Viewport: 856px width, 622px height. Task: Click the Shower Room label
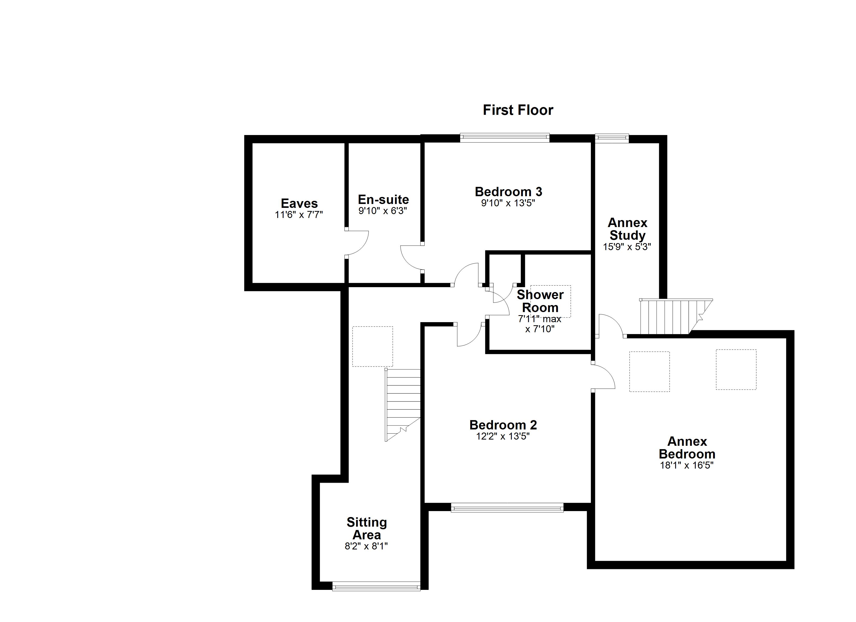coord(540,301)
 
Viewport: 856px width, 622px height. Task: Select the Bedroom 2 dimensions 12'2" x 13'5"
coord(503,436)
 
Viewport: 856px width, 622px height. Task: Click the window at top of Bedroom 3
coord(504,138)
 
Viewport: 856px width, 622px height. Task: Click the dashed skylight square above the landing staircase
coord(372,346)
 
